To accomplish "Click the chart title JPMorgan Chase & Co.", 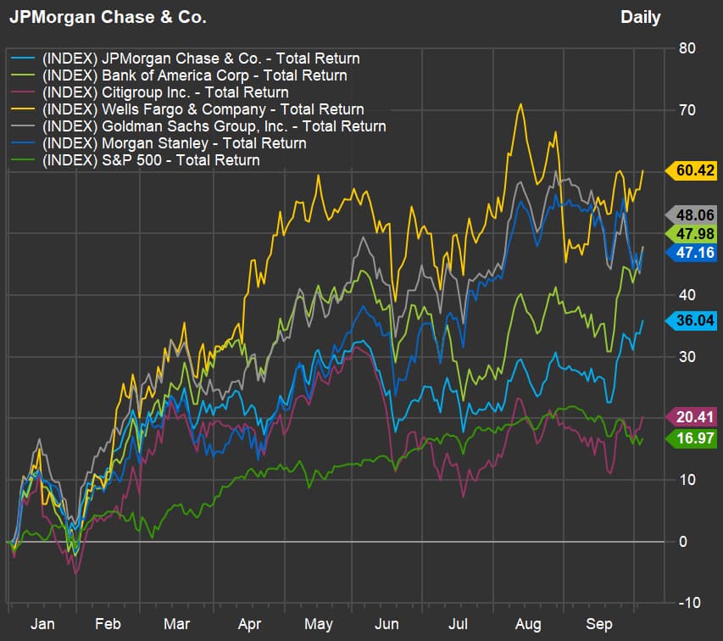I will tap(107, 17).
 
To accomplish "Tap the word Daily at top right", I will tap(640, 17).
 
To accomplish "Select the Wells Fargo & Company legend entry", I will tap(203, 109).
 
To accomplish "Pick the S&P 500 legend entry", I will tap(150, 160).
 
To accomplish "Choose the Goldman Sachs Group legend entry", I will tap(214, 126).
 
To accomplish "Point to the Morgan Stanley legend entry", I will tap(174, 143).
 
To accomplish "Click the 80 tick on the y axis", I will tap(687, 48).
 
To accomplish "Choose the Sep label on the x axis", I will tap(600, 624).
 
